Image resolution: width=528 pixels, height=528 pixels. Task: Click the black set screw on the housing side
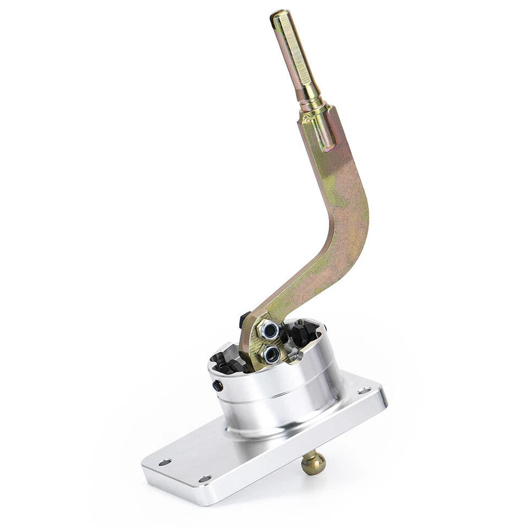tap(219, 386)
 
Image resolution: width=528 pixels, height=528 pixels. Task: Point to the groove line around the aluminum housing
tap(275, 394)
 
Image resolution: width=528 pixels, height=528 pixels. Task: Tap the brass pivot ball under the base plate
tap(313, 463)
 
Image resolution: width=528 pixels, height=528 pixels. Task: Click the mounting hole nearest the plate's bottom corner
tap(205, 479)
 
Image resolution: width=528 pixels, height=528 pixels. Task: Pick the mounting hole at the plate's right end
tap(364, 391)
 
